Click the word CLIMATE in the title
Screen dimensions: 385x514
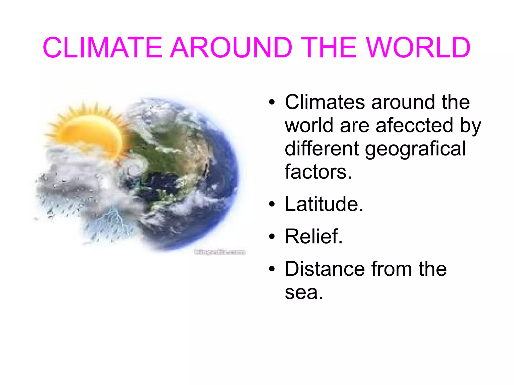(x=103, y=48)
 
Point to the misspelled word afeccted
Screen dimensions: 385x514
(x=414, y=125)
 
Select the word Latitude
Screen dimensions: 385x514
(x=324, y=204)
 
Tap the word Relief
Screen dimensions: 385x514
(x=314, y=236)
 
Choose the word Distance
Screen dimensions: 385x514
(x=325, y=269)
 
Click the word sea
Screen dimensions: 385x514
(x=304, y=292)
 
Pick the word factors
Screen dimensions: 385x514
(x=318, y=172)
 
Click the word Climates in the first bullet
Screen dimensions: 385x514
(x=325, y=102)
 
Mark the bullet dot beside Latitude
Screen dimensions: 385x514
(x=272, y=204)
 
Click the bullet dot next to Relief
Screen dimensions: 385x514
(x=272, y=237)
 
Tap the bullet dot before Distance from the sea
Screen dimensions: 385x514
(x=272, y=269)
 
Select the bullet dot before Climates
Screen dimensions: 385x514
(x=272, y=103)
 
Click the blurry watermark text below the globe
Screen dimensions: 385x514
(x=219, y=252)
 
